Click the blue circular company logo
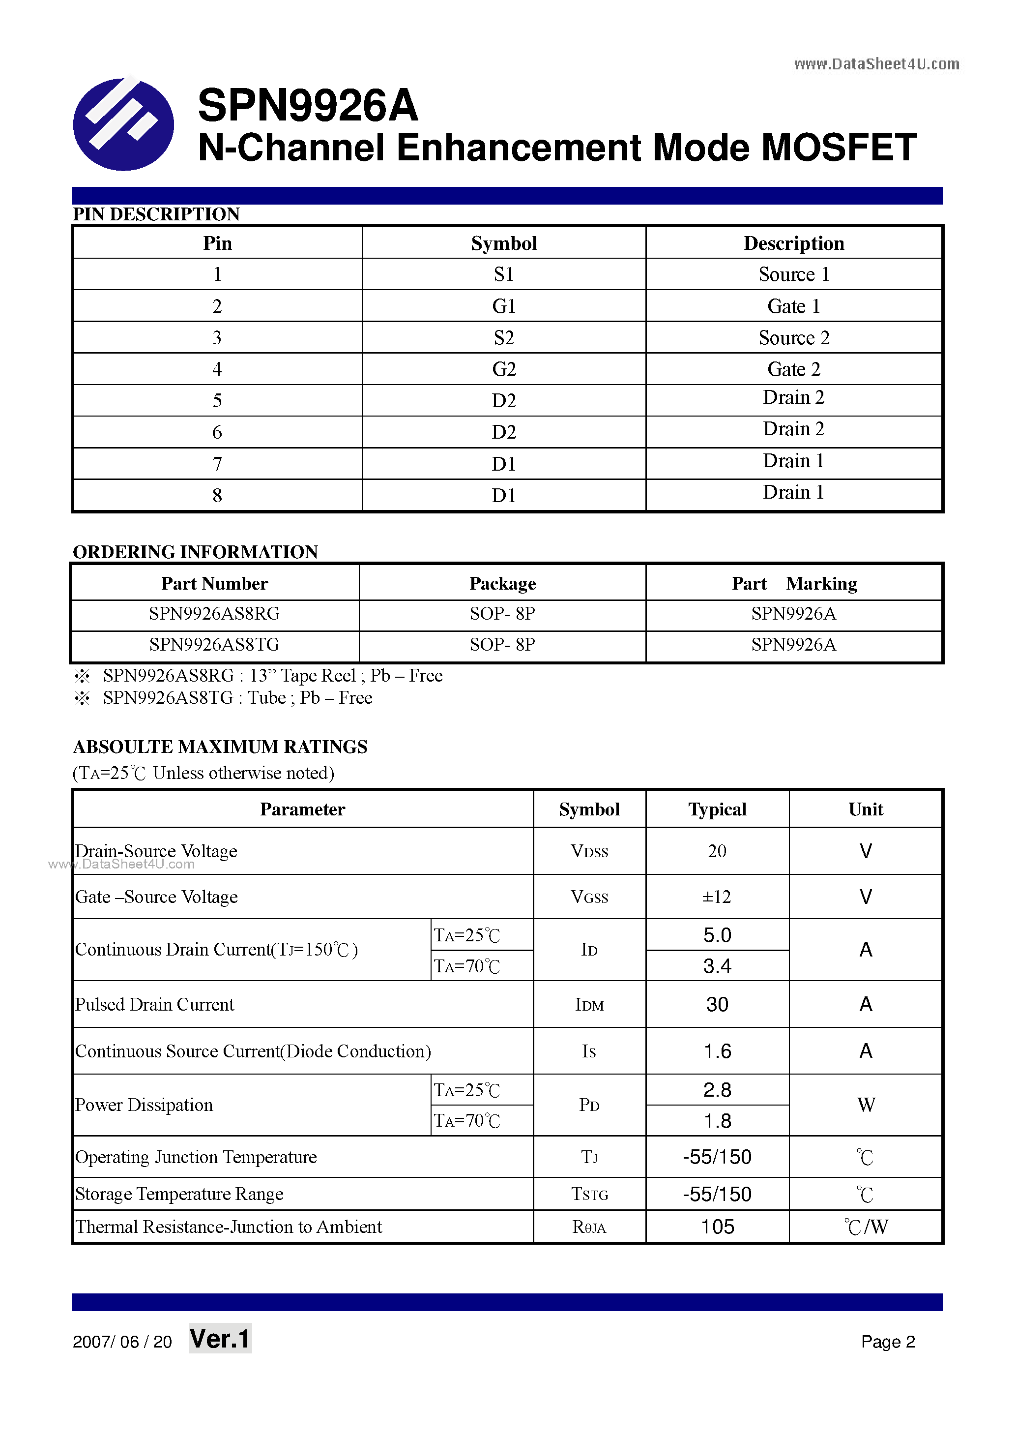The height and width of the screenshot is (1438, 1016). click(123, 124)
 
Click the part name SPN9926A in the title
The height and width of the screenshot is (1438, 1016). click(307, 105)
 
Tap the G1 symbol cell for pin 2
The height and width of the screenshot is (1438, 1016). click(504, 306)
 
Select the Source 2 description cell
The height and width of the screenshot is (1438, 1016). click(793, 337)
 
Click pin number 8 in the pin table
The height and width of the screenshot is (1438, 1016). click(217, 495)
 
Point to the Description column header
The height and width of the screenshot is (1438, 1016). click(793, 243)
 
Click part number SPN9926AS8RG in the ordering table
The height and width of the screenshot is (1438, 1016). click(214, 614)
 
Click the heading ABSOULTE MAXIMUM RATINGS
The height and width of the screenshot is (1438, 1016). click(220, 747)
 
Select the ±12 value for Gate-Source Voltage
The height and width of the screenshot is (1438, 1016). click(717, 897)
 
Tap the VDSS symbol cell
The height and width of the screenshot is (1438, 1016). click(589, 851)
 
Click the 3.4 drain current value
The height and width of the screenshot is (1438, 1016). click(717, 966)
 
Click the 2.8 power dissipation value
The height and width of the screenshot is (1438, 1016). click(717, 1090)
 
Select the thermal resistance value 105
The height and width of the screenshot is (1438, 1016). click(717, 1227)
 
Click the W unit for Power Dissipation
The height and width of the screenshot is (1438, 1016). click(866, 1105)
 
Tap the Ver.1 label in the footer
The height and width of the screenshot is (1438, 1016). click(220, 1339)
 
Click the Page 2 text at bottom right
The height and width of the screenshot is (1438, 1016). click(888, 1342)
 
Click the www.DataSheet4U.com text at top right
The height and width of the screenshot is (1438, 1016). click(876, 64)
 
